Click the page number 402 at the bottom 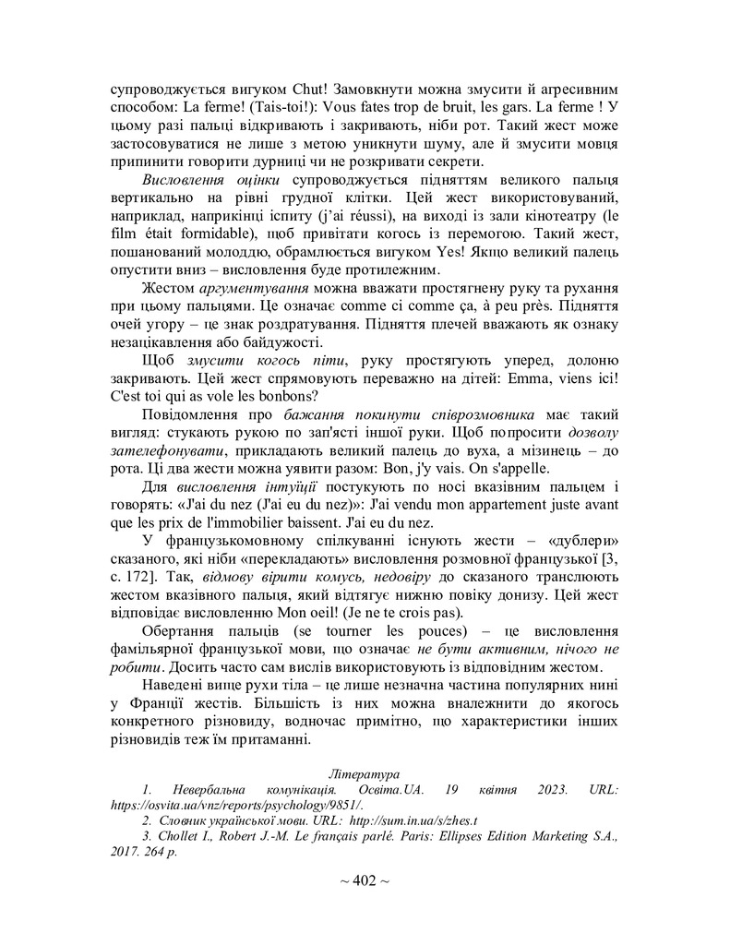(365, 881)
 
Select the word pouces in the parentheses (429, 631)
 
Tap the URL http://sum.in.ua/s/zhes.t (418, 819)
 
